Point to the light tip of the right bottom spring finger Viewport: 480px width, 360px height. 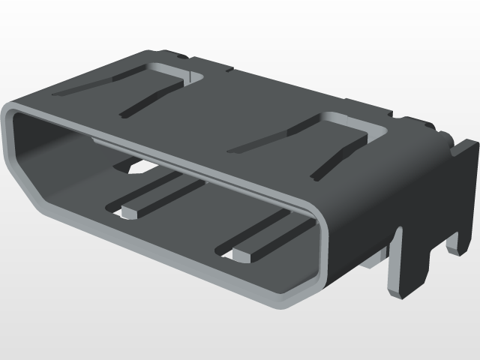click(x=241, y=255)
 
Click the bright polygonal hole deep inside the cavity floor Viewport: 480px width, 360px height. click(x=134, y=169)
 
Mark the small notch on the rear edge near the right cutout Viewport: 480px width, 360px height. click(x=391, y=113)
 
